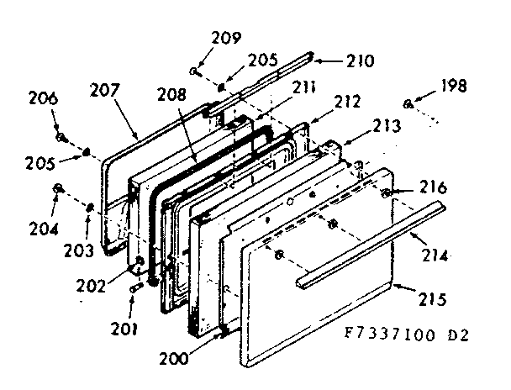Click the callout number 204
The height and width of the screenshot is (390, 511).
42,227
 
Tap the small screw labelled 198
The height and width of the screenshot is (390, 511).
407,104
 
